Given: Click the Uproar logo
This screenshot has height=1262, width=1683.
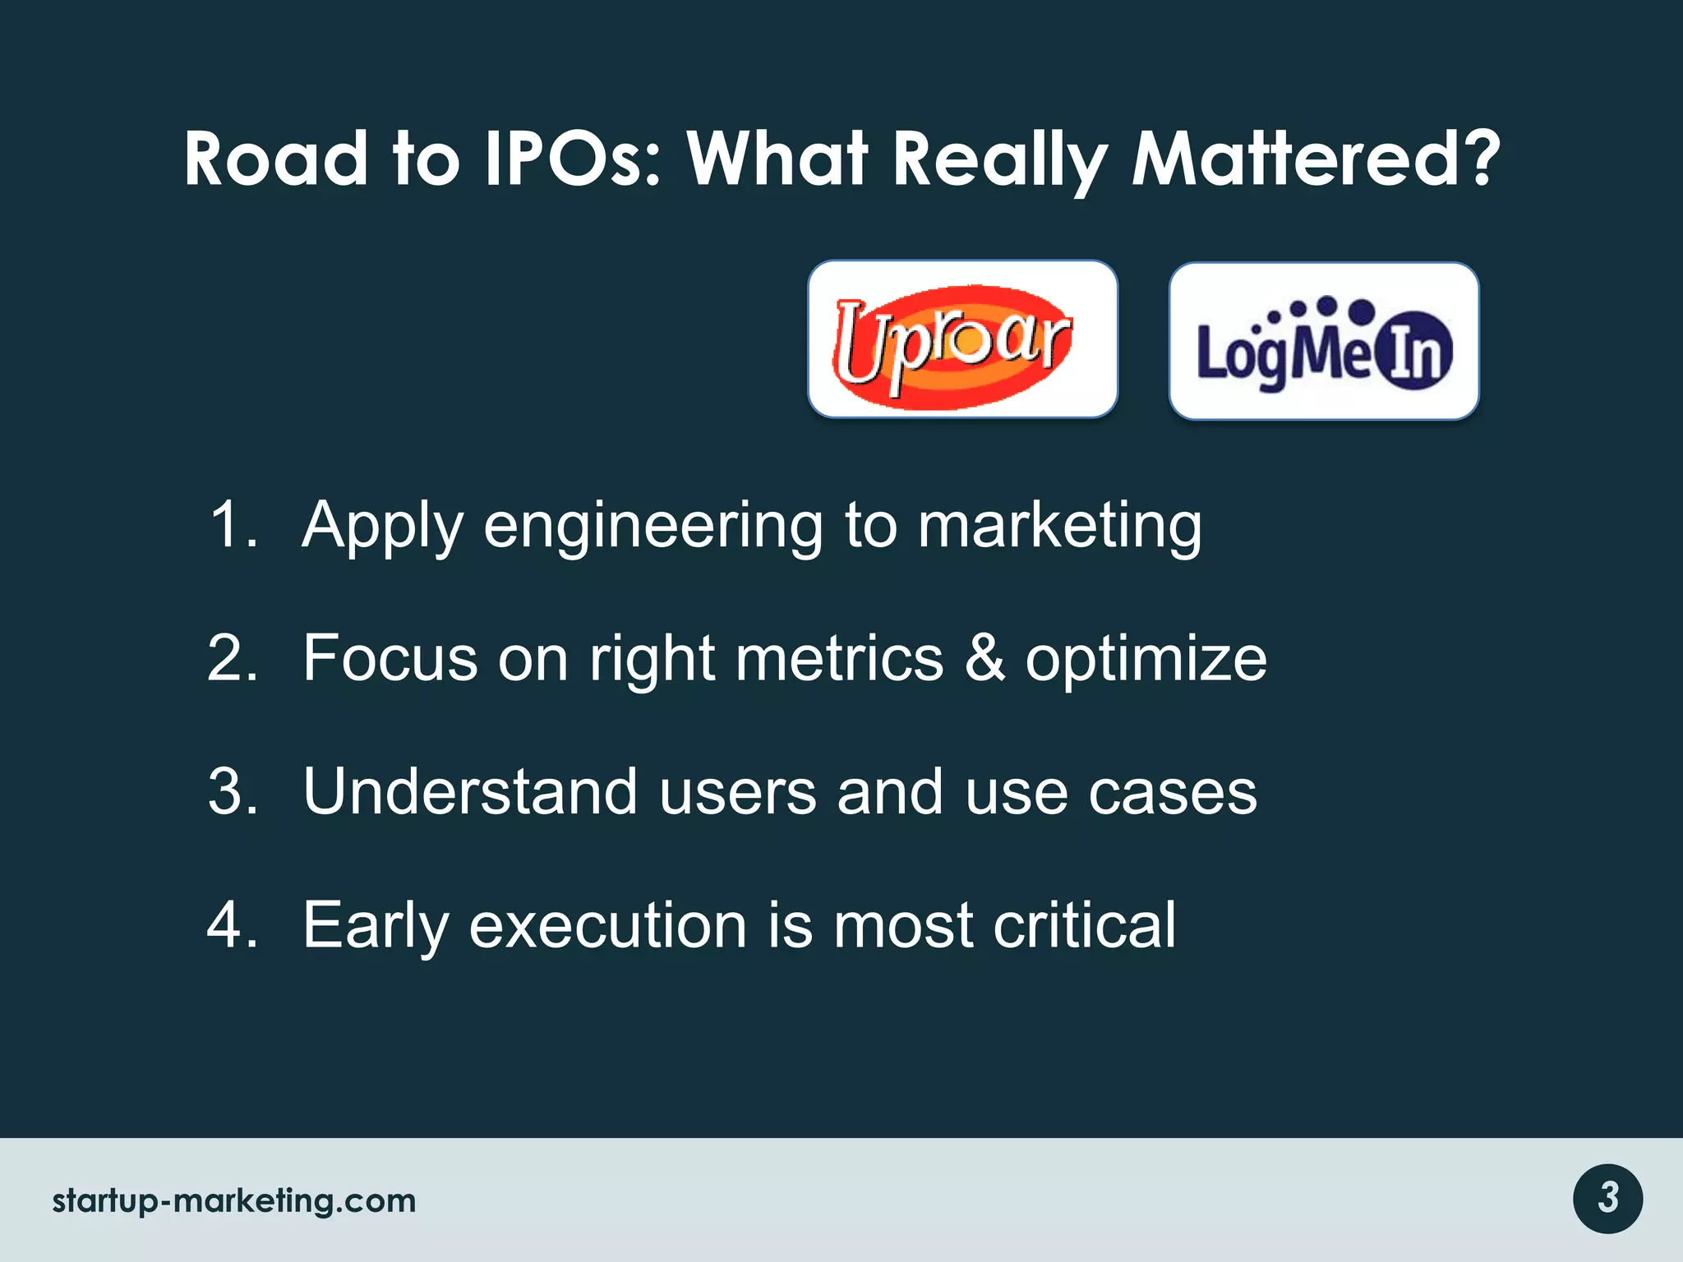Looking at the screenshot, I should [962, 339].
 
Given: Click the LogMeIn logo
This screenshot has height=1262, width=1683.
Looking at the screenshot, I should [1324, 341].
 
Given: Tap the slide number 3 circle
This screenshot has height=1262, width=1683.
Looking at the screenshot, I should [1607, 1199].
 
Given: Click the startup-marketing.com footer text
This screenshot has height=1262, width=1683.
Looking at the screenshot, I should [234, 1200].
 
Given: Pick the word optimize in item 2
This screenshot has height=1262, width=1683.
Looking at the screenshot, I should [1146, 661].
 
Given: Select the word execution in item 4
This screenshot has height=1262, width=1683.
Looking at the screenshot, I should [608, 925].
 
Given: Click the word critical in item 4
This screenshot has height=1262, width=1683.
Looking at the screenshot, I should [1084, 925].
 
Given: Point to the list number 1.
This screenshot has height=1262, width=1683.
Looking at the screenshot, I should [232, 526].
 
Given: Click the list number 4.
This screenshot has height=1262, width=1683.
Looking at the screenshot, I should [232, 925].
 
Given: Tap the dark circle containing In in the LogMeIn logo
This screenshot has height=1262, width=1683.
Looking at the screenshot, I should [1413, 352].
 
